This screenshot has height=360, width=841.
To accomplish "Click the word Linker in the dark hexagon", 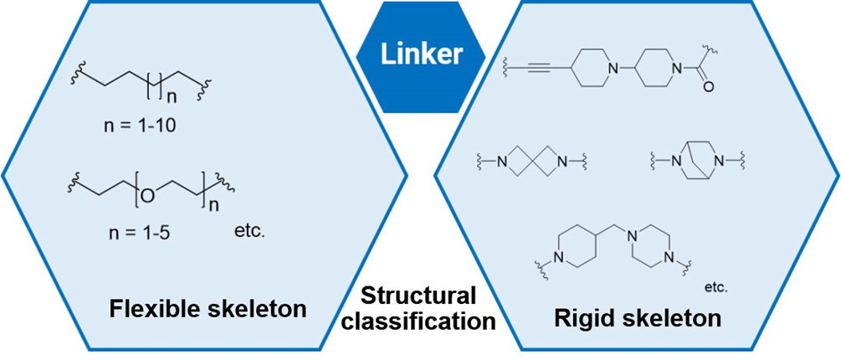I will pos(420,55).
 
